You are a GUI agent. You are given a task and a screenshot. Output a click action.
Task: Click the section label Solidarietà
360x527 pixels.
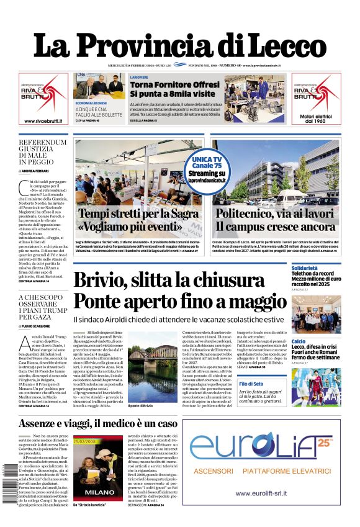pos(308,268)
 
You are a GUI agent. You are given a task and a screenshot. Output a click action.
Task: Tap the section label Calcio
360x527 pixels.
pos(299,341)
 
